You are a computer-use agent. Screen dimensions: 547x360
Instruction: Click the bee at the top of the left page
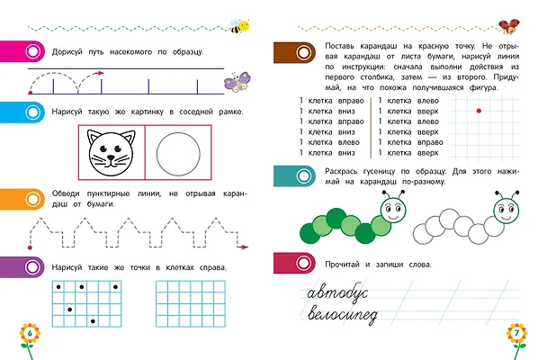[x=239, y=26]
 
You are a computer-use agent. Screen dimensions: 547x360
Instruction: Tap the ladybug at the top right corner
[x=509, y=26]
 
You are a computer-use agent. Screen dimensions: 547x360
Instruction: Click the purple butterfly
[x=237, y=82]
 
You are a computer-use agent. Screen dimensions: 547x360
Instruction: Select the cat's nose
[x=111, y=157]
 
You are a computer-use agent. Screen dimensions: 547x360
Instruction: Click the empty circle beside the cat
[x=178, y=132]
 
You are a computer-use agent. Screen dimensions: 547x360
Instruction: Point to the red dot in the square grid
[x=479, y=111]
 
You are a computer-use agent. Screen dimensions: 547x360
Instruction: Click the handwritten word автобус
[x=337, y=292]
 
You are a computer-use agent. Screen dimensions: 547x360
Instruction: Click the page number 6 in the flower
[x=30, y=333]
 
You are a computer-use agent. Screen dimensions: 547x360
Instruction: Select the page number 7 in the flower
[x=517, y=332]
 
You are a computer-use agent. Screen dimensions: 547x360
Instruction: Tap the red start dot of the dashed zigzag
[x=30, y=247]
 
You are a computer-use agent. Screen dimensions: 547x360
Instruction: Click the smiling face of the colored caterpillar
[x=393, y=210]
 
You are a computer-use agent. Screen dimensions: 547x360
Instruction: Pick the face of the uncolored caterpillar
[x=507, y=210]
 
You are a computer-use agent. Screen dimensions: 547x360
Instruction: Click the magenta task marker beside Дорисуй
[x=22, y=51]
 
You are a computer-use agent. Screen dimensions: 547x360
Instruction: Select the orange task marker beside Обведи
[x=22, y=199]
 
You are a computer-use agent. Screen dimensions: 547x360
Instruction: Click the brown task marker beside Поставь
[x=295, y=53]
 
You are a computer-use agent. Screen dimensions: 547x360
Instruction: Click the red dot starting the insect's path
[x=31, y=93]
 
